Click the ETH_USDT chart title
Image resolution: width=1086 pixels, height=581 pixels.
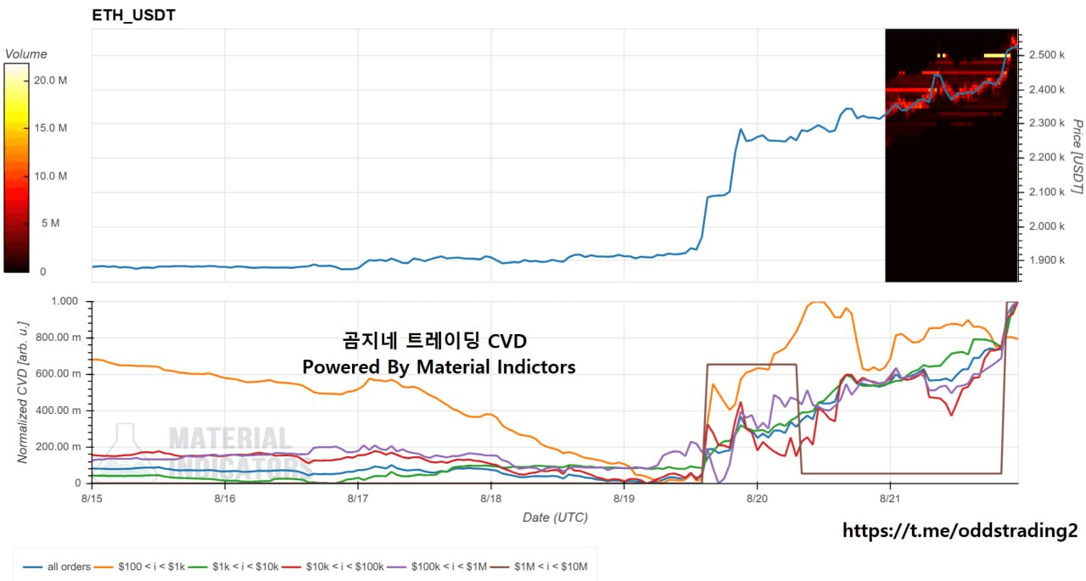(x=133, y=15)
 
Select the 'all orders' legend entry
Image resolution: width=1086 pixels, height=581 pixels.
(x=57, y=567)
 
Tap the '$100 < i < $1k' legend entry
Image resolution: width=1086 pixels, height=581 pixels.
(x=140, y=567)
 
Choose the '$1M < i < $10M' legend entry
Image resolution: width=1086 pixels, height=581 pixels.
(x=539, y=567)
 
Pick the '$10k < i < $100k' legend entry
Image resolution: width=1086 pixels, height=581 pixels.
(x=333, y=567)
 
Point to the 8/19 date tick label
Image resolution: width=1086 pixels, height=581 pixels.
(x=624, y=499)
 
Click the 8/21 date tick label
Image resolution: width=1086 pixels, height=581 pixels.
(x=890, y=499)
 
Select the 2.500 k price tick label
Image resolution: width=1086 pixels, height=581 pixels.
(x=1047, y=55)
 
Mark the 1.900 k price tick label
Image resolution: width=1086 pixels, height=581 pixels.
(x=1047, y=260)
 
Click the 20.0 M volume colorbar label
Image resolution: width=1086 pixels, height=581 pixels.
(x=50, y=81)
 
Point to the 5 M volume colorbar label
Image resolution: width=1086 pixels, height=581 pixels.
(x=50, y=223)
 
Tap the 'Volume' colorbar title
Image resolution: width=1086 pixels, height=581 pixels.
(x=26, y=53)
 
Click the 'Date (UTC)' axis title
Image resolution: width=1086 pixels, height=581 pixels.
(x=555, y=517)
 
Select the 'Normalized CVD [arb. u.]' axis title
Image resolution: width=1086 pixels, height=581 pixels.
(x=23, y=393)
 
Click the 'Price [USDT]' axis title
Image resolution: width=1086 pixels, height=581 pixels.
(x=1078, y=157)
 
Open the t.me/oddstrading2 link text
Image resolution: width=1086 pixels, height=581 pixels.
(x=960, y=531)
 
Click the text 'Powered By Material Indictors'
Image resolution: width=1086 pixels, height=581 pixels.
(x=439, y=366)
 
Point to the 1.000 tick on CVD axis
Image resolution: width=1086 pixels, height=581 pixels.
(x=64, y=301)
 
